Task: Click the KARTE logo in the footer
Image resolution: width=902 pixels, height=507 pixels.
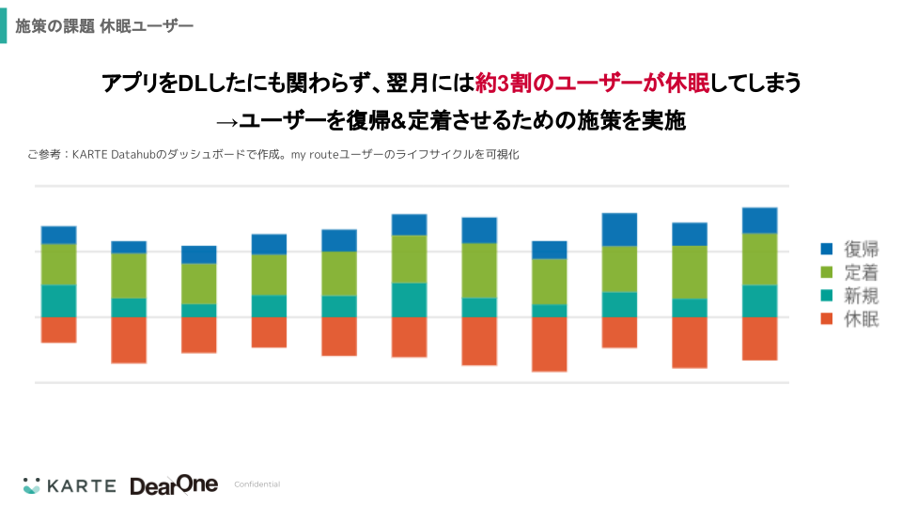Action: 70,485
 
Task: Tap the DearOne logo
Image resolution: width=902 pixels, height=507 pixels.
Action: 174,484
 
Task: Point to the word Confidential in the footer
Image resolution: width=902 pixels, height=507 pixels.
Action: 257,484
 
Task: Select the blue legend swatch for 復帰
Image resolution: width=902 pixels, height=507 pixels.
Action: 827,249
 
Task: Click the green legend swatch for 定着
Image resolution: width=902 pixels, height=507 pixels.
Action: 827,272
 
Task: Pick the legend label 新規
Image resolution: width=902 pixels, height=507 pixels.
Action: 862,296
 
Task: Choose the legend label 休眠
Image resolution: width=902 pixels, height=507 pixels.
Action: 862,319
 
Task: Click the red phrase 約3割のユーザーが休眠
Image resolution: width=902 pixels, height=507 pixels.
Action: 593,84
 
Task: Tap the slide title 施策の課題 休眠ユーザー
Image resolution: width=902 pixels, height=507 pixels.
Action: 104,26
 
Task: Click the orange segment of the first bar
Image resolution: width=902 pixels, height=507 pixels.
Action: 58,330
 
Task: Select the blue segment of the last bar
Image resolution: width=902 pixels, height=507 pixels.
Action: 759,220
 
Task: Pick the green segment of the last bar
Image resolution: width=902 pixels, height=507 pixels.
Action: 759,259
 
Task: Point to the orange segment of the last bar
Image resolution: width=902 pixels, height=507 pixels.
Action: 759,338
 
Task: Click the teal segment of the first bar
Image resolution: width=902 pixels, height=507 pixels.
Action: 58,300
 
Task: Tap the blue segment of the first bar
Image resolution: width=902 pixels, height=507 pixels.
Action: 58,235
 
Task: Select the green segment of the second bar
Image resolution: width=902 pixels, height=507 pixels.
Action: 129,275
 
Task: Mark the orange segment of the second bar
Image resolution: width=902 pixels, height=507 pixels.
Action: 129,339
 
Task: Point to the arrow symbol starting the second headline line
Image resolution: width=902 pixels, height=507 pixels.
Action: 226,121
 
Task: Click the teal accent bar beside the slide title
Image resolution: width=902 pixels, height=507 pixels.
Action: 3,26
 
